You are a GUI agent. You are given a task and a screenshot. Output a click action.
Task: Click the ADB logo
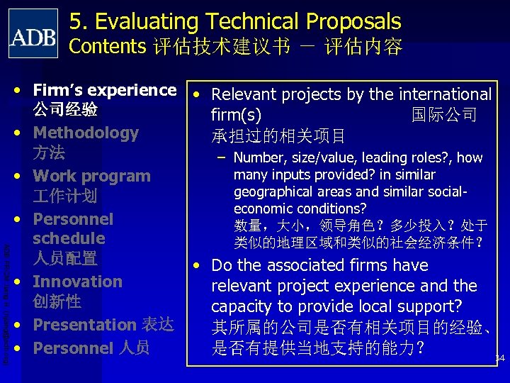[33, 33]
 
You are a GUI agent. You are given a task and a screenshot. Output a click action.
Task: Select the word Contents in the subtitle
[107, 47]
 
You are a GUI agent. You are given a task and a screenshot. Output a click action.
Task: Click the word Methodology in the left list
[86, 133]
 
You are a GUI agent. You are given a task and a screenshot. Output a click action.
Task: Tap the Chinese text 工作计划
[64, 196]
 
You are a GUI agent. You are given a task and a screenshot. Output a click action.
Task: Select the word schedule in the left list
[69, 238]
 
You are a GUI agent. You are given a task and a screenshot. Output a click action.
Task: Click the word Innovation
[78, 282]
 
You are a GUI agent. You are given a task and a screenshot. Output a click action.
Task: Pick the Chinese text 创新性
[57, 301]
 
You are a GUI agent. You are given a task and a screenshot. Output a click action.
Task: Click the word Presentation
[84, 325]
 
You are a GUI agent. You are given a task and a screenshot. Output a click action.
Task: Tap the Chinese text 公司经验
[64, 111]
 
